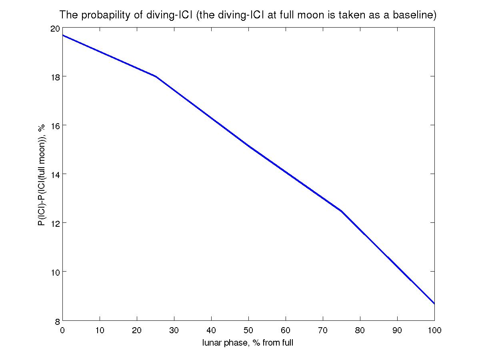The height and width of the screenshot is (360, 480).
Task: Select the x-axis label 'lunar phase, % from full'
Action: (248, 343)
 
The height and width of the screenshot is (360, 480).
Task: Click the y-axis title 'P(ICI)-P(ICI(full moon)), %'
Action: (42, 175)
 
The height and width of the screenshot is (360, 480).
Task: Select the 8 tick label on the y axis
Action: (57, 320)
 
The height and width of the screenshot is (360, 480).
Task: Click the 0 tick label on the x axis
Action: (62, 330)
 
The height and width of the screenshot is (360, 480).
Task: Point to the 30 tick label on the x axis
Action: (174, 330)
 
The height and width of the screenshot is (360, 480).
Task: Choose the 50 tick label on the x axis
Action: (248, 330)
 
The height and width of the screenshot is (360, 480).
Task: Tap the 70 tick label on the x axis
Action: (323, 330)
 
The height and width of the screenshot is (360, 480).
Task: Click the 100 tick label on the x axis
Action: (434, 330)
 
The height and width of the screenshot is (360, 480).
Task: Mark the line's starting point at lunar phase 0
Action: (63, 35)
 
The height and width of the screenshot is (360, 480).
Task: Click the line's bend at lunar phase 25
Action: (156, 76)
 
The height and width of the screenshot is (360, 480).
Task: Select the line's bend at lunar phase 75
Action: (341, 210)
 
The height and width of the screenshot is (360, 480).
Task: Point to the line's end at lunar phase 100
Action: (434, 304)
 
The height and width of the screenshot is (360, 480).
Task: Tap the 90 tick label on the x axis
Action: (397, 330)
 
